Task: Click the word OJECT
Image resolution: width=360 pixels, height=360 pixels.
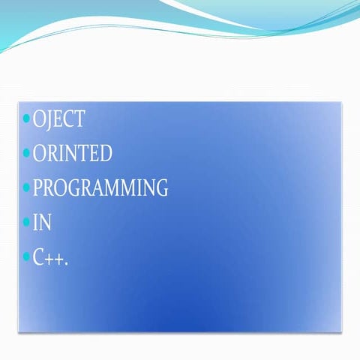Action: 59,119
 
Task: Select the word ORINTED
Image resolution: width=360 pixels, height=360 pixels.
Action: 73,154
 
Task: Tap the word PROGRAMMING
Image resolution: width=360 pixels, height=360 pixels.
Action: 100,188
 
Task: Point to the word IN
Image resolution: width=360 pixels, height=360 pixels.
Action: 42,223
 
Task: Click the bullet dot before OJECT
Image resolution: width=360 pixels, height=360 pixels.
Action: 27,118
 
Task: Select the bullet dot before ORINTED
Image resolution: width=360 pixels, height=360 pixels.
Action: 27,153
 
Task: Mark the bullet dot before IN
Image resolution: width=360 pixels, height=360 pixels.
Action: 27,222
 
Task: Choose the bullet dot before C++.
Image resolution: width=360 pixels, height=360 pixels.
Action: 27,256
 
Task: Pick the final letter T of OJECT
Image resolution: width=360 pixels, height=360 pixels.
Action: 79,119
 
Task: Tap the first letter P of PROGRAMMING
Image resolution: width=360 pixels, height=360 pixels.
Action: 37,188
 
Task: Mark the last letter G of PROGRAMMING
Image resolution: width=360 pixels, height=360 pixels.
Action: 160,188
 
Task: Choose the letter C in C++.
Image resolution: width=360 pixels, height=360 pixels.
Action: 39,257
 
